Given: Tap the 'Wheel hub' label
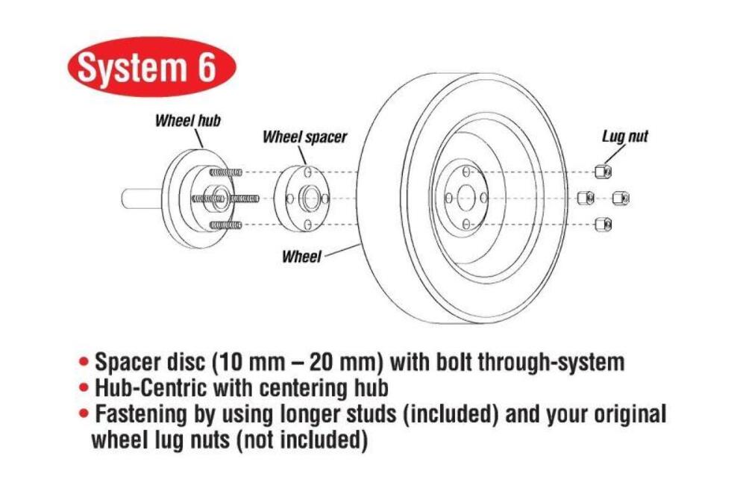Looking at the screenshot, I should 187,120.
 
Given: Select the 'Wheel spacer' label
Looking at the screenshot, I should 304,138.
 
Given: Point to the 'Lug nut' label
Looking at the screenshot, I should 624,137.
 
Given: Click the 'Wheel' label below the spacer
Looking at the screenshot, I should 301,257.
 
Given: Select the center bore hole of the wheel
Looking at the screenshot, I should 466,198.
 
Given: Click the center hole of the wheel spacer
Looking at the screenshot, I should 309,199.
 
